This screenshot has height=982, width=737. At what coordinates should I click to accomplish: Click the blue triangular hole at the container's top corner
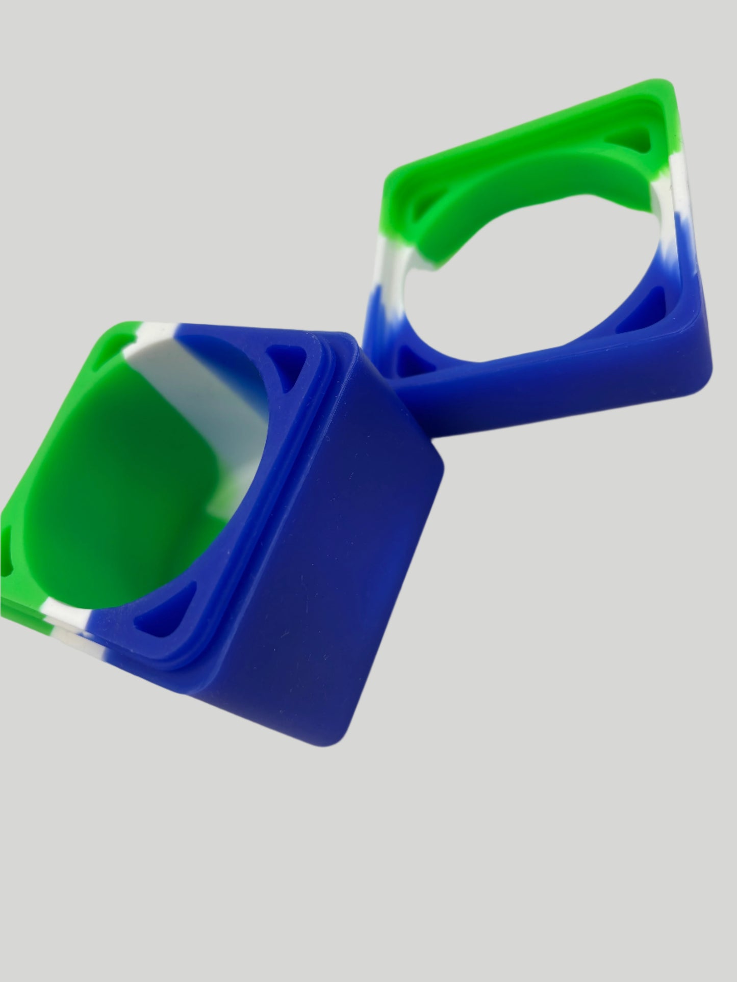286,361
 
